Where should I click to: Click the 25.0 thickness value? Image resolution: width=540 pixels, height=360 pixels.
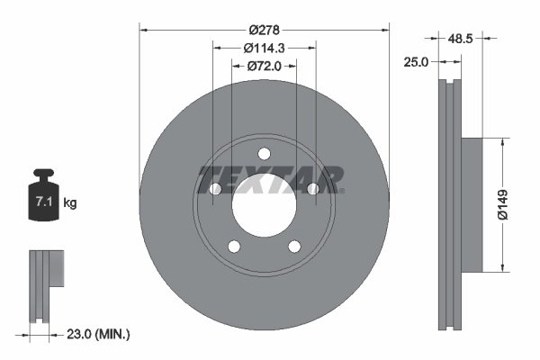pos(417,62)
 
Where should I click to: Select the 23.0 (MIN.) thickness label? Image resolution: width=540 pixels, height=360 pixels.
pos(98,334)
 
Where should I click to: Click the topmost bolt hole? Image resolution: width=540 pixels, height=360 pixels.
pos(264,153)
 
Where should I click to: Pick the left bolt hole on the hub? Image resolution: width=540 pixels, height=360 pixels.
pos(215,188)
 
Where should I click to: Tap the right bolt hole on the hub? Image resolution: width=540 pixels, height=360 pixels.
pos(312,188)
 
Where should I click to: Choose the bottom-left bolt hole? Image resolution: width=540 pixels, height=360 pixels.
pos(234,246)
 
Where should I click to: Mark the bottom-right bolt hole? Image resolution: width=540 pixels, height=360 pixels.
pos(293,246)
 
